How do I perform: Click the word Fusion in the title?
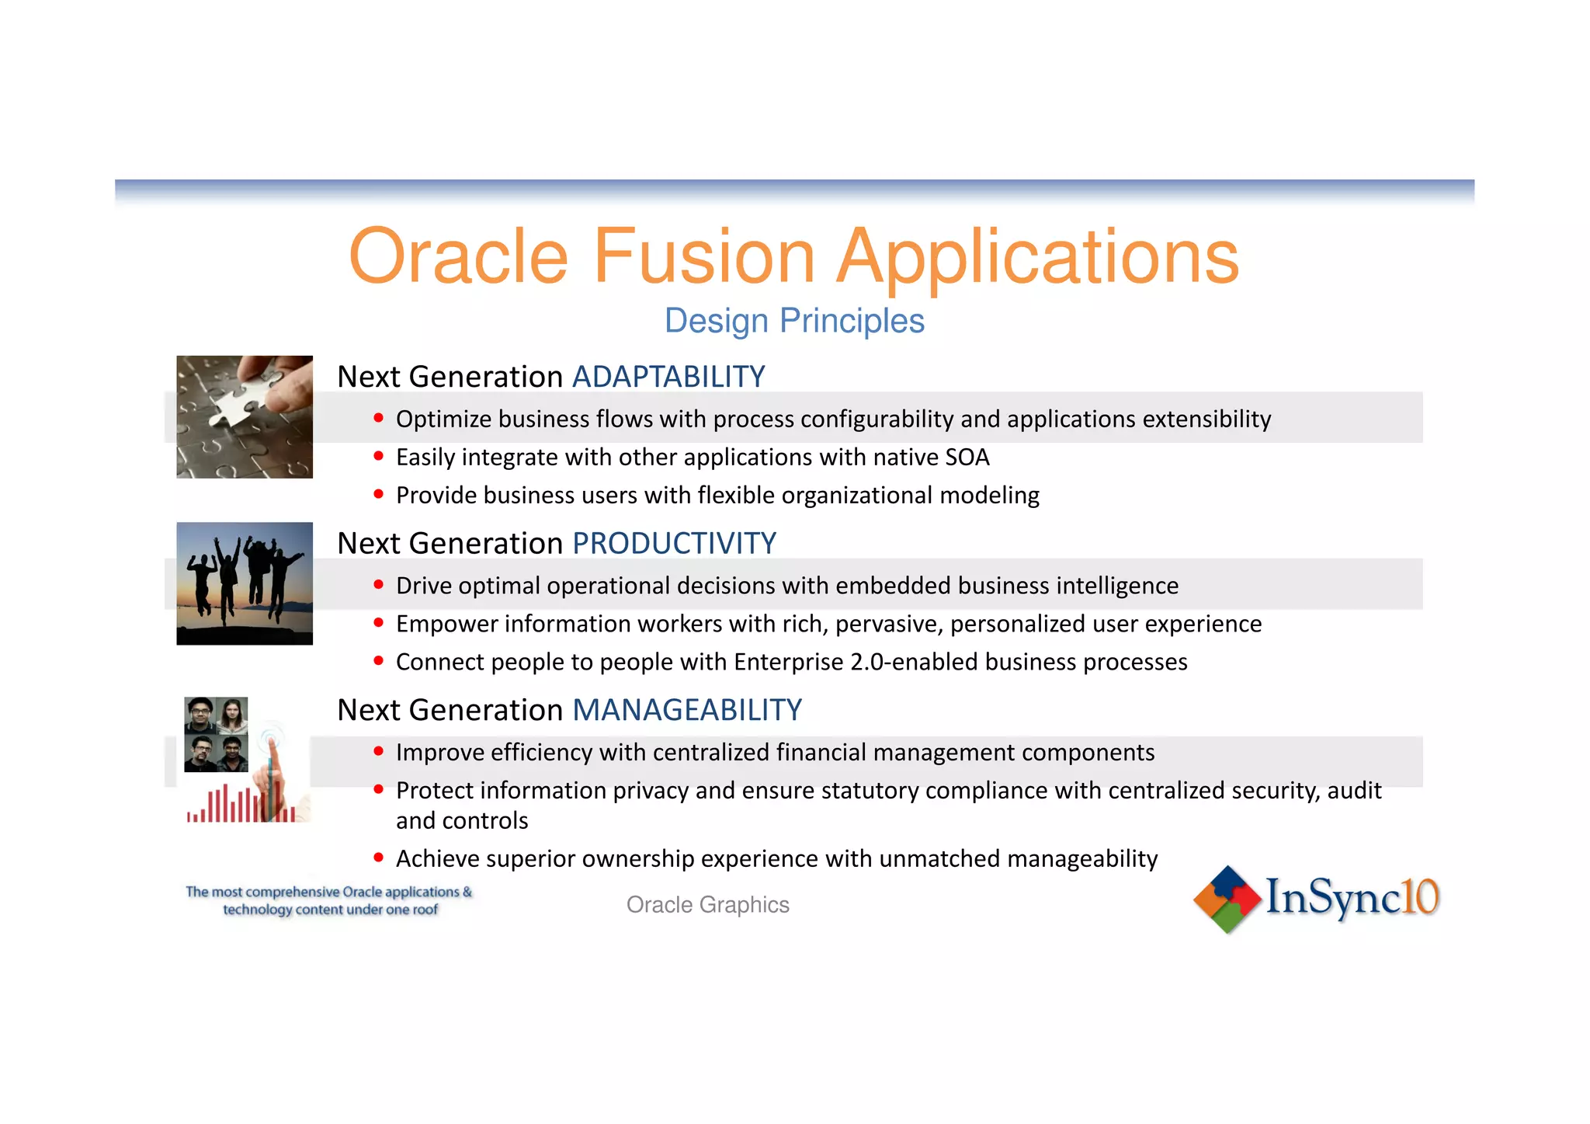703,256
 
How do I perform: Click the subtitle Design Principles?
794,321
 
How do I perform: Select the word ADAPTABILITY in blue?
668,377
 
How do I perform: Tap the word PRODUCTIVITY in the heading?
674,544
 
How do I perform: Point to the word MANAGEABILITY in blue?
687,710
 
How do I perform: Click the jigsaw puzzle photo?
245,417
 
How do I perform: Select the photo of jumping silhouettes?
245,583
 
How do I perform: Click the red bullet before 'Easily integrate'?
379,456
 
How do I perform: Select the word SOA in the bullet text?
967,458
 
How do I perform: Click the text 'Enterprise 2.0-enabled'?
855,662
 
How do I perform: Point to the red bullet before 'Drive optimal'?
379,584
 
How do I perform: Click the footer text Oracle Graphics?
707,905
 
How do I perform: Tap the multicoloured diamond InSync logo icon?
1227,899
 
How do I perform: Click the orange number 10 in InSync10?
1422,897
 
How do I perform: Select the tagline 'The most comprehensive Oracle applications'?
328,892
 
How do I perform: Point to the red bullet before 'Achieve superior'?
379,858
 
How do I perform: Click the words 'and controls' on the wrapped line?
462,821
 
